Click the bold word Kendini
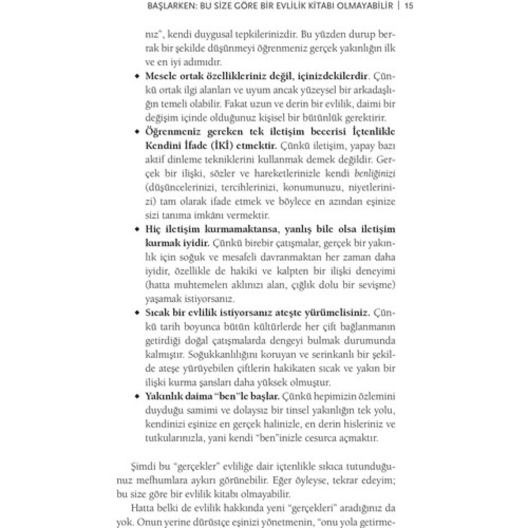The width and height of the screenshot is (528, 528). coord(163,146)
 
